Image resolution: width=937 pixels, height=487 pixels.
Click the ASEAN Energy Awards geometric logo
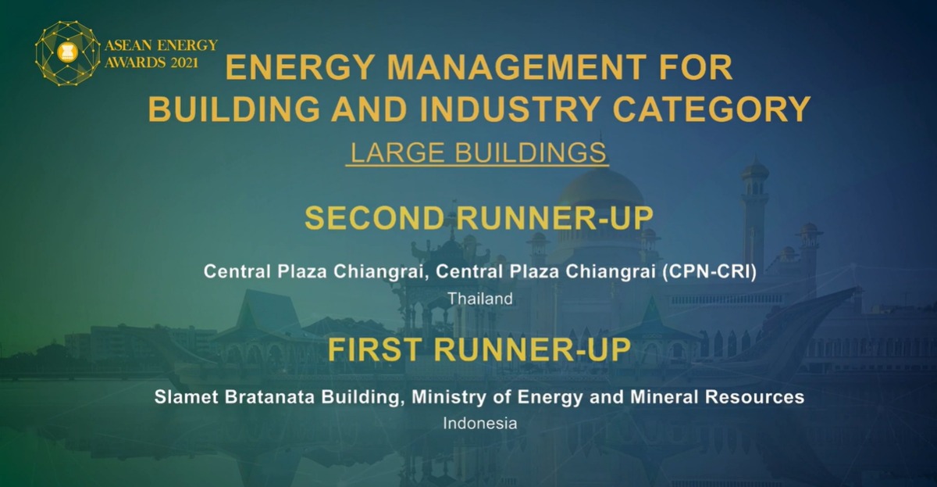click(x=68, y=52)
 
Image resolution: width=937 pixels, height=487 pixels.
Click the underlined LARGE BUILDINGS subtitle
click(x=479, y=152)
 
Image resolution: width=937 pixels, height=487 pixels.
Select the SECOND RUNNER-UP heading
click(x=479, y=218)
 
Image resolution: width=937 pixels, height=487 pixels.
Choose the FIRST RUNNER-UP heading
click(x=479, y=349)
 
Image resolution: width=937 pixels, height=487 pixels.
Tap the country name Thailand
click(x=480, y=298)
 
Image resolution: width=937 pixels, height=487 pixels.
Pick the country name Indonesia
click(x=480, y=423)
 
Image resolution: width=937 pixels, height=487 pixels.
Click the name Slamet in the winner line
click(x=183, y=397)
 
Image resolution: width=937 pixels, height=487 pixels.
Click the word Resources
click(x=755, y=397)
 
